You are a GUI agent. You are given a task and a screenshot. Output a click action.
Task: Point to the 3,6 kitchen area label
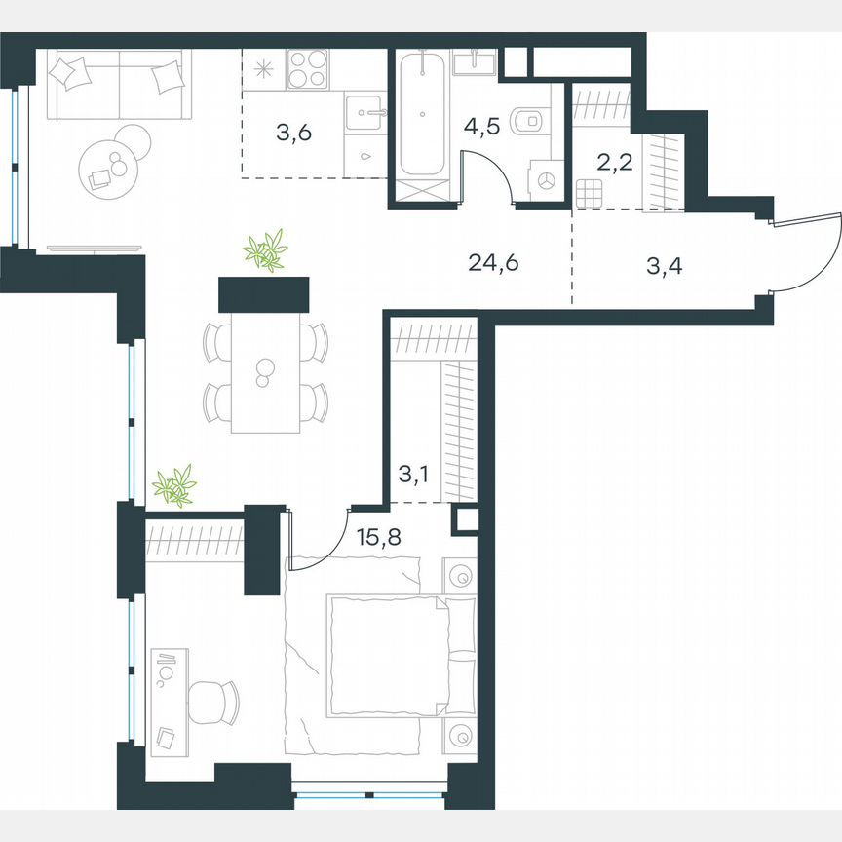tap(293, 134)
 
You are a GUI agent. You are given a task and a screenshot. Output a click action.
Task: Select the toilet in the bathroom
tap(529, 120)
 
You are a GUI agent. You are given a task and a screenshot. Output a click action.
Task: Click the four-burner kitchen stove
tap(310, 69)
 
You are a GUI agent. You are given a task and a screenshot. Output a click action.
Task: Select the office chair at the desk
tap(212, 701)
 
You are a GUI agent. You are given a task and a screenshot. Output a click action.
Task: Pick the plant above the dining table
tap(265, 251)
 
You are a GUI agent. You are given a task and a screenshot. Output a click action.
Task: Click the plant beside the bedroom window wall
tap(175, 484)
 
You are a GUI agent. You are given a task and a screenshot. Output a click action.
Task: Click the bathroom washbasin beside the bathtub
tap(477, 62)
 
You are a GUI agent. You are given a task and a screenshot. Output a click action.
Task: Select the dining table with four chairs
tap(265, 372)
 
